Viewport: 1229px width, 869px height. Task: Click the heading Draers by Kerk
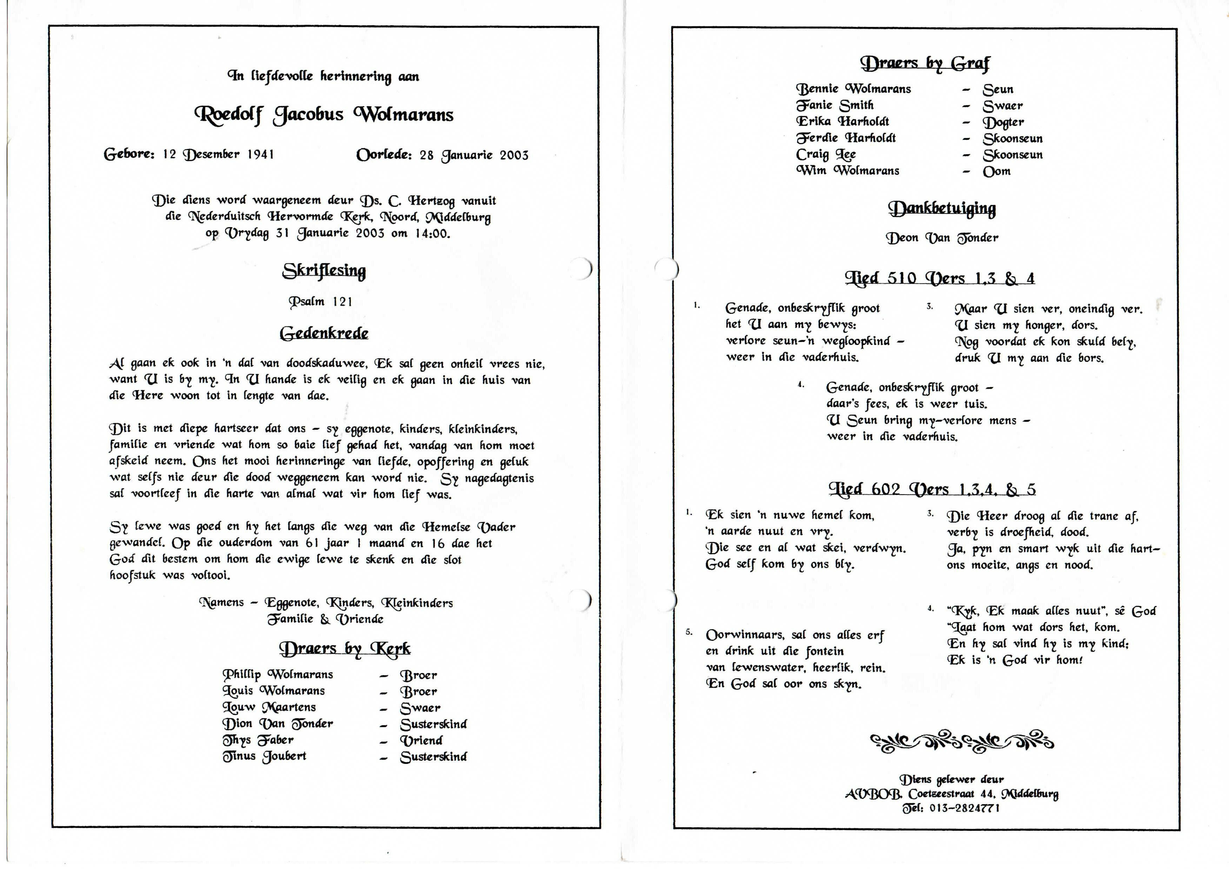click(x=345, y=649)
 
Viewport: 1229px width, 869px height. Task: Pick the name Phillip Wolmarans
click(x=278, y=674)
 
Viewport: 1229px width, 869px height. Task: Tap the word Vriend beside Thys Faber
click(x=421, y=741)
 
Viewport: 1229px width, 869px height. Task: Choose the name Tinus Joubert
click(x=264, y=756)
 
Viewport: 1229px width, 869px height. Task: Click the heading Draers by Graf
click(x=925, y=63)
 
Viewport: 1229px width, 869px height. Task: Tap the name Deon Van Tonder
click(x=941, y=238)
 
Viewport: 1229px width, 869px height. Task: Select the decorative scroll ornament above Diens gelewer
click(x=961, y=742)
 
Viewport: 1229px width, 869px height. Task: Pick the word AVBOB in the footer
click(x=874, y=794)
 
